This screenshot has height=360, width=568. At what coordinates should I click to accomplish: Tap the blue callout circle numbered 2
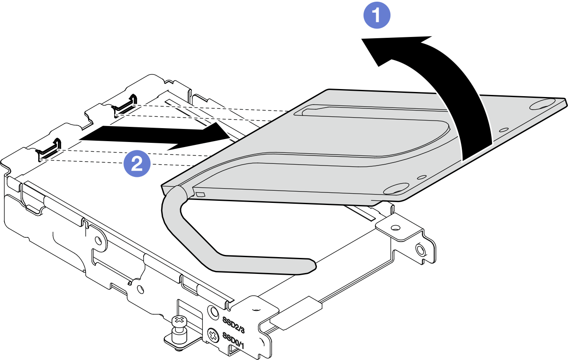[x=136, y=164]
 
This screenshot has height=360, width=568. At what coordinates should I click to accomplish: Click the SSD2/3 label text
[x=234, y=323]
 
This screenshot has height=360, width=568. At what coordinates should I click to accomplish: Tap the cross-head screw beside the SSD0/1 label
[x=213, y=336]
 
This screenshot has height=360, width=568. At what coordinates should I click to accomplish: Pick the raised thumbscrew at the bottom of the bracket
[x=178, y=327]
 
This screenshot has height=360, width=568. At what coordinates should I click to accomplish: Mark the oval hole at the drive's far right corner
[x=542, y=103]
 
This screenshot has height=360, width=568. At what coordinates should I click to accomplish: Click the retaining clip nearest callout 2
[x=50, y=149]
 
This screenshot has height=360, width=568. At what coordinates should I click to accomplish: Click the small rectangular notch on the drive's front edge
[x=200, y=194]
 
